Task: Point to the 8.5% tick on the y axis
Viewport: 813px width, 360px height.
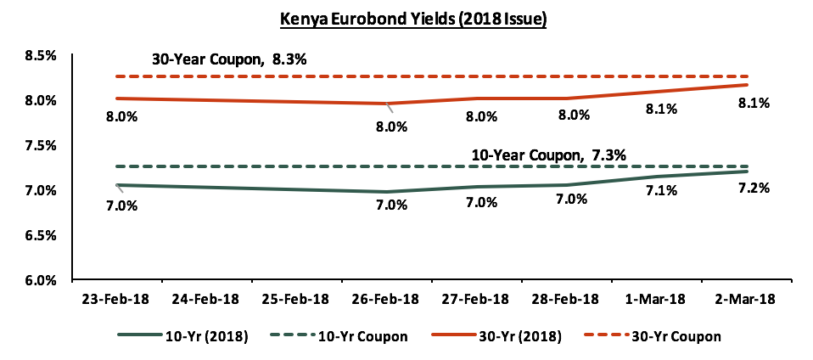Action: tap(40, 56)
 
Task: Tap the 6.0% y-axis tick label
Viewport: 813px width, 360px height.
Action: tap(40, 279)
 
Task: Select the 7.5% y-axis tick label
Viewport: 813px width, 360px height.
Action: tap(40, 145)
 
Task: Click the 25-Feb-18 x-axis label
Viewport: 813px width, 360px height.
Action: tap(299, 299)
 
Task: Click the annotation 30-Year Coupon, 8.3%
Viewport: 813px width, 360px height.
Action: tap(230, 59)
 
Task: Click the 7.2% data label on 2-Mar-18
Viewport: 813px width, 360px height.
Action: tap(754, 188)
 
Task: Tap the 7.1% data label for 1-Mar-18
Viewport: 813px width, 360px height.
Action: tap(661, 190)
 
